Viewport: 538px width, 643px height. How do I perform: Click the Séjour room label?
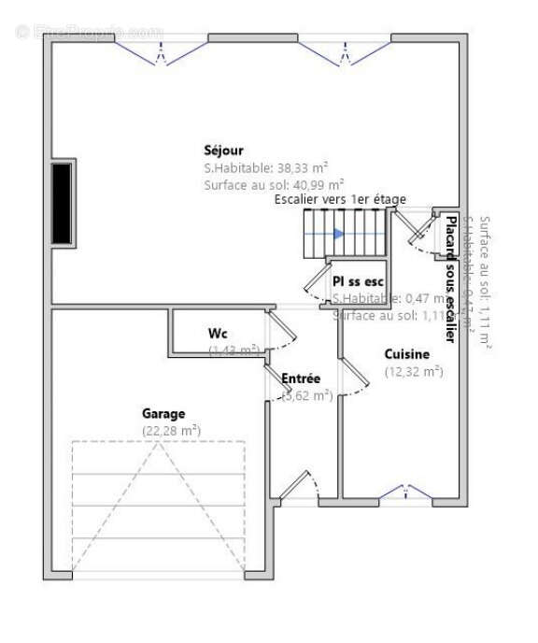point(223,150)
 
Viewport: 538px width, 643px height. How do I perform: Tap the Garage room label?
point(163,413)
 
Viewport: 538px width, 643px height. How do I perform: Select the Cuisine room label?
point(407,354)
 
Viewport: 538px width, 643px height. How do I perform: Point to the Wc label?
point(218,334)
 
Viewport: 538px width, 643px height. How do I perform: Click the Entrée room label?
point(301,379)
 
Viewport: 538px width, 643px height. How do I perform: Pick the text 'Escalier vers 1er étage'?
point(340,200)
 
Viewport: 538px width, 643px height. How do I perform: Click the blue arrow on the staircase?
point(339,233)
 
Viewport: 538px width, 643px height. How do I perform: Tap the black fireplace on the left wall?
point(63,204)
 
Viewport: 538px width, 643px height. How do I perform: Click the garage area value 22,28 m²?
point(172,430)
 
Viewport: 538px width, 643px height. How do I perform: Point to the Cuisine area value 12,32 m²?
point(414,371)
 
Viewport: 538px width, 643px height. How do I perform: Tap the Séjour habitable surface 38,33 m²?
point(266,168)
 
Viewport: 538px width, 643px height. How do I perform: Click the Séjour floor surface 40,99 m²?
point(274,185)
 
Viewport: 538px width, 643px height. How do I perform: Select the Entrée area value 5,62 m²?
point(307,395)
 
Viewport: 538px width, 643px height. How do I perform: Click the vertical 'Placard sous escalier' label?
point(450,279)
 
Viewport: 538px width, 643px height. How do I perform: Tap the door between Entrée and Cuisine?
point(352,377)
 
